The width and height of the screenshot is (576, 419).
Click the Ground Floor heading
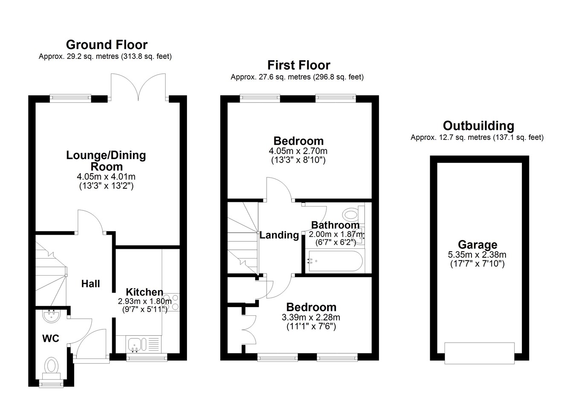[107, 45]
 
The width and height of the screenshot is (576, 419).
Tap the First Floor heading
[299, 65]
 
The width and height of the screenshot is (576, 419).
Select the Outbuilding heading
[478, 126]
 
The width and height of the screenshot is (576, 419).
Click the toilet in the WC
[51, 368]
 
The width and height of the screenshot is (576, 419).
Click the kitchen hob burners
[171, 302]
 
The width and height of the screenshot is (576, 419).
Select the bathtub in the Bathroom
[334, 261]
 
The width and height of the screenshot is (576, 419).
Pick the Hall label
[90, 284]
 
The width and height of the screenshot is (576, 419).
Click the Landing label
[279, 235]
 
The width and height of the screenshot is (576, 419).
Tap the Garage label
[477, 244]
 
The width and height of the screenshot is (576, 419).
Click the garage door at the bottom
[480, 353]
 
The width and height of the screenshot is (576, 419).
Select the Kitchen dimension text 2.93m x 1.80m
[145, 301]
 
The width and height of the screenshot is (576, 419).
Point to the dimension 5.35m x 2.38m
[477, 255]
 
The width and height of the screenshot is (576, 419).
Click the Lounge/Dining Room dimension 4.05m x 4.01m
[106, 177]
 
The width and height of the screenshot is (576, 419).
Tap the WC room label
[51, 338]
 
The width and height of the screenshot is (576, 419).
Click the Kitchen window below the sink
[147, 357]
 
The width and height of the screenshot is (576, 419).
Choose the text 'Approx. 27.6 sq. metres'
[271, 77]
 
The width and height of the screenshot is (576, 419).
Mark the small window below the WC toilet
[51, 384]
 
